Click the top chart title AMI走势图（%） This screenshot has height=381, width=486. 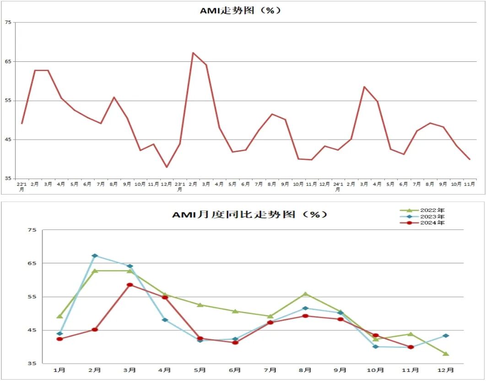(x=240, y=11)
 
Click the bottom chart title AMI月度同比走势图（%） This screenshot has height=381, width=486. (x=250, y=214)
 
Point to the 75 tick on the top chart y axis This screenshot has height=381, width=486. (x=7, y=22)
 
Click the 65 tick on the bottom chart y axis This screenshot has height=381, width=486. (x=32, y=263)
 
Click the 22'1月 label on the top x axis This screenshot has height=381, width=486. (x=22, y=186)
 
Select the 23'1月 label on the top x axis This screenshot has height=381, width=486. (x=180, y=186)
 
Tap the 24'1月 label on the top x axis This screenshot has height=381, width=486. (x=338, y=186)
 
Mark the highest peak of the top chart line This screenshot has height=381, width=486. (x=193, y=53)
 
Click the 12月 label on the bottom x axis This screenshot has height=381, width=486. (x=446, y=370)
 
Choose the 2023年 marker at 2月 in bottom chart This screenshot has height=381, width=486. (x=95, y=256)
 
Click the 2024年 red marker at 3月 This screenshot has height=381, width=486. (x=130, y=285)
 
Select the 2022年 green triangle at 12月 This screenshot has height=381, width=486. (x=446, y=354)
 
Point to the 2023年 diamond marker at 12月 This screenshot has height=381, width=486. (x=446, y=336)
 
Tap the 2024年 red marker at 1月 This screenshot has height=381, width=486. (x=59, y=339)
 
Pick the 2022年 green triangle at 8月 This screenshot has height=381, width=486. (x=305, y=294)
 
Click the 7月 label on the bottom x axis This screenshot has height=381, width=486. (x=270, y=370)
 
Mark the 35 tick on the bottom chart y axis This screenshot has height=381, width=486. (x=32, y=364)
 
